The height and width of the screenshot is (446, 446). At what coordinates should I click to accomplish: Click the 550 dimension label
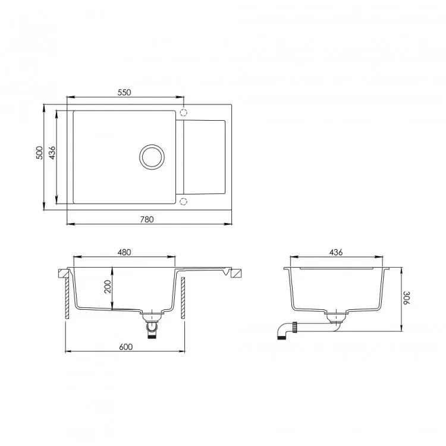[124, 92]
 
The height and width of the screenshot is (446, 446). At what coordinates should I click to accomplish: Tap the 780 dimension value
[147, 219]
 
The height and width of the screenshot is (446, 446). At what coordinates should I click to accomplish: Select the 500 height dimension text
[39, 153]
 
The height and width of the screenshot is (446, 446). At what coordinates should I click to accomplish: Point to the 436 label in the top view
[52, 153]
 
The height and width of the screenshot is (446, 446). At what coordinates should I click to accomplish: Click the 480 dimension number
[124, 252]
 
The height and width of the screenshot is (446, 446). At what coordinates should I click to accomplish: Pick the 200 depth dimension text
[108, 287]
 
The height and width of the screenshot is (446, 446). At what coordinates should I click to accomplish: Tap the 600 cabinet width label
[125, 347]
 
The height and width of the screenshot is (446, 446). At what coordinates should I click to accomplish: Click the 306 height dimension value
[406, 297]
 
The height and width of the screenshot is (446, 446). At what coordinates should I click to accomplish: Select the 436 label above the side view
[336, 252]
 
